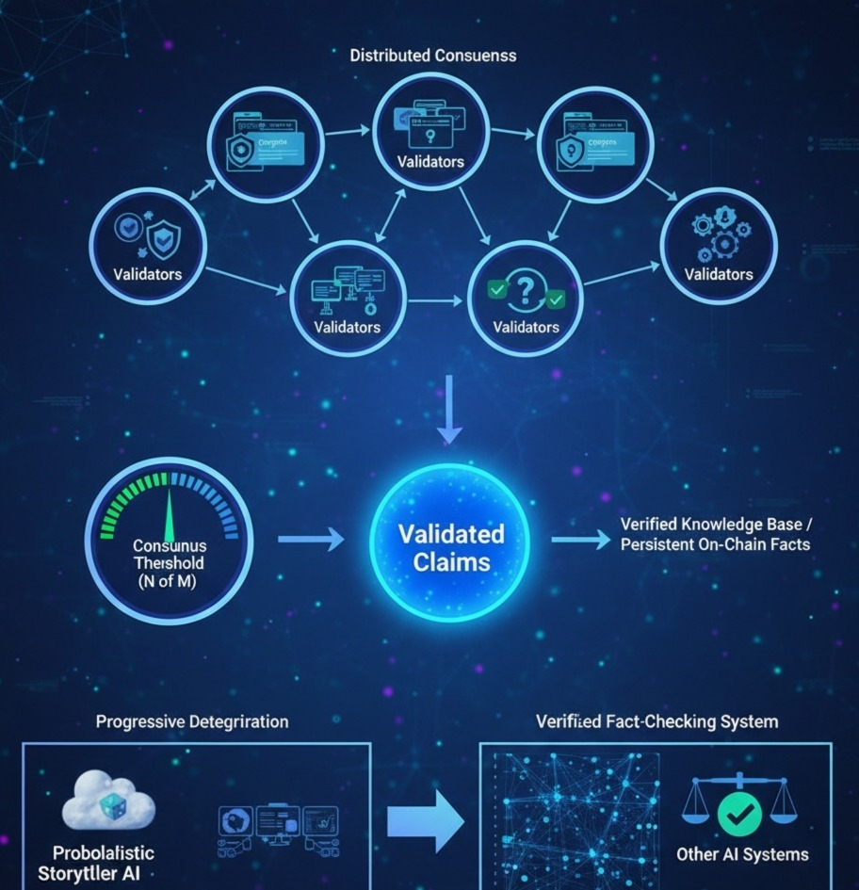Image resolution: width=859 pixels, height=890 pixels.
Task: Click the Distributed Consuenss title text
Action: tap(432, 55)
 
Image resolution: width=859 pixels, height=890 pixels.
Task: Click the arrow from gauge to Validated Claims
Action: tap(311, 540)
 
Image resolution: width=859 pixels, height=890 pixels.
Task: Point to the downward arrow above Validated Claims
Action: tap(449, 409)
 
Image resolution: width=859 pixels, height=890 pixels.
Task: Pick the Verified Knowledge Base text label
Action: tap(716, 533)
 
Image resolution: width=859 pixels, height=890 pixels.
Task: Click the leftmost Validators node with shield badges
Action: tap(147, 245)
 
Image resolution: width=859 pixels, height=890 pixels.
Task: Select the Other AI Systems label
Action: tap(742, 854)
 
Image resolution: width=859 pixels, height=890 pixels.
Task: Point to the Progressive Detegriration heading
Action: tap(192, 722)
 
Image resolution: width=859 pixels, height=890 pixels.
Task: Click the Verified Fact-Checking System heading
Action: tap(656, 722)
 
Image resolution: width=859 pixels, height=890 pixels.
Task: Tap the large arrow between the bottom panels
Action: tap(426, 821)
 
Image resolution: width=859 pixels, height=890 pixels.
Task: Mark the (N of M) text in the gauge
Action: tap(170, 579)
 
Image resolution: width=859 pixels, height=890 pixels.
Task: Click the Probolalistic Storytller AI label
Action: tap(96, 863)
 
